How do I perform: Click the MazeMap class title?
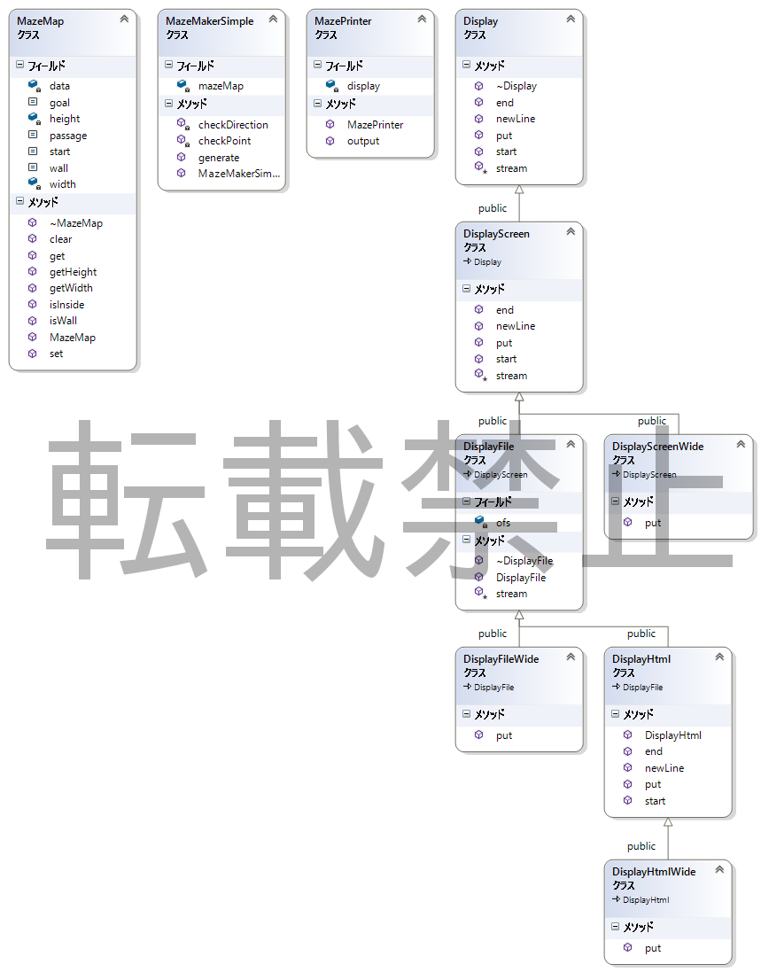(x=41, y=20)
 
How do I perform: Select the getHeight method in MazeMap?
(x=73, y=272)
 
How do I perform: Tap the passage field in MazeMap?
(x=67, y=136)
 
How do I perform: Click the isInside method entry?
(x=66, y=305)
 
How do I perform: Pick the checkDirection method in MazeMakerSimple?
(x=232, y=125)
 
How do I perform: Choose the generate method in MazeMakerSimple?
(x=218, y=158)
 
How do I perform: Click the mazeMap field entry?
(x=220, y=86)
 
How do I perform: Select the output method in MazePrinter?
(x=362, y=141)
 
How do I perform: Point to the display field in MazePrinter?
(x=363, y=86)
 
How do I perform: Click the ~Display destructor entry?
(x=516, y=86)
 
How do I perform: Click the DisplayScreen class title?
(x=496, y=234)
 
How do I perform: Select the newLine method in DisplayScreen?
(x=515, y=326)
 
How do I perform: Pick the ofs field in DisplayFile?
(x=502, y=523)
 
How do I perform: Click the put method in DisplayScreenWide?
(x=652, y=523)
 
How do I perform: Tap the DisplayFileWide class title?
(x=501, y=659)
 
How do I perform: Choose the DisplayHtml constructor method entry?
(x=672, y=735)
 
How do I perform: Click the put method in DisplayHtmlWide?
(x=652, y=948)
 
